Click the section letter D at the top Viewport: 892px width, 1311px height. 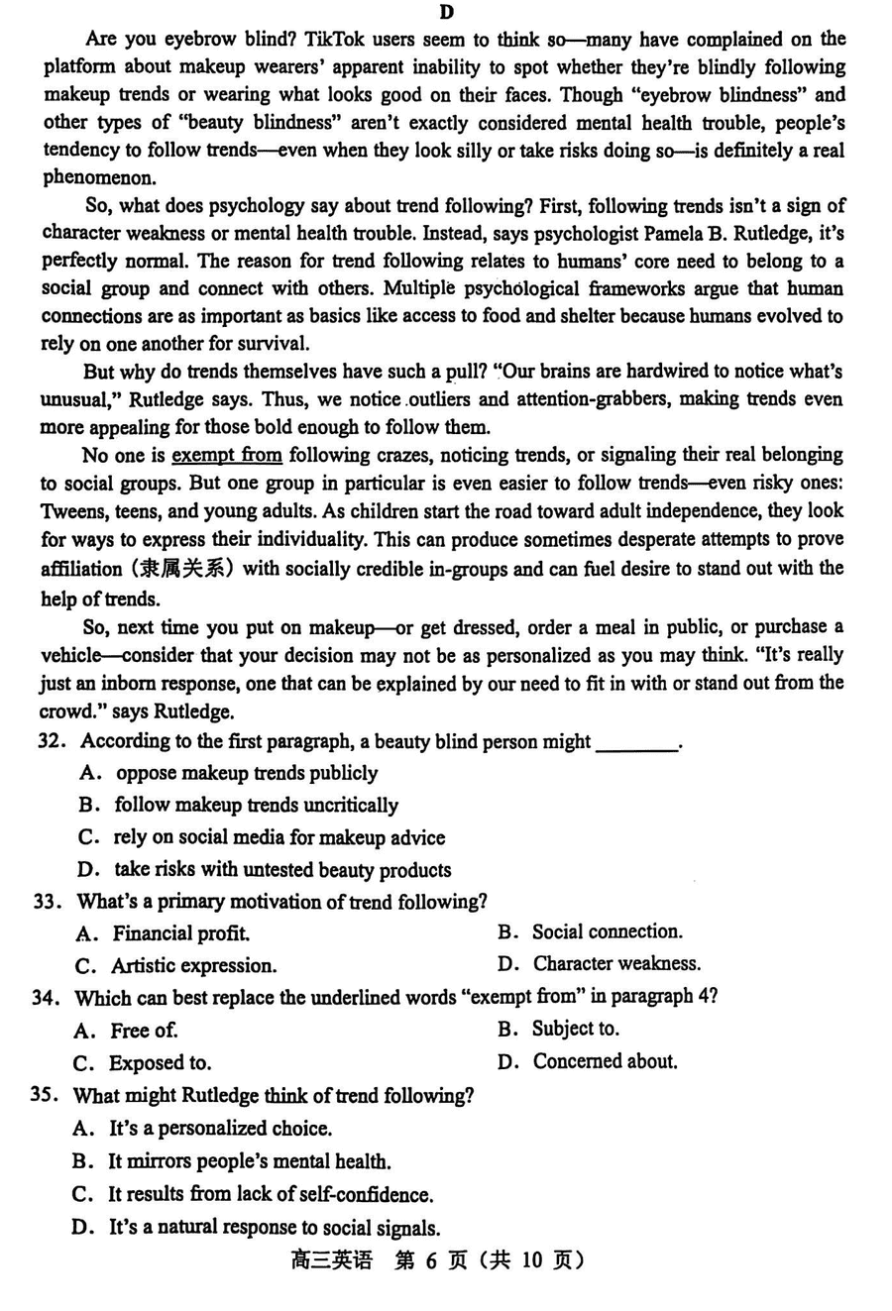tap(446, 12)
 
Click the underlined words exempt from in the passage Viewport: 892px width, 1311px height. tap(227, 456)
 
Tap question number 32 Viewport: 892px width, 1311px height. tap(51, 741)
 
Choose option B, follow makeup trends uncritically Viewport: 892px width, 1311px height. tap(256, 805)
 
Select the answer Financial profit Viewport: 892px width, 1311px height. tap(180, 933)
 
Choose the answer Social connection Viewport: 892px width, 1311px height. tap(607, 931)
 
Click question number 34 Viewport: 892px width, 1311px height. tap(47, 998)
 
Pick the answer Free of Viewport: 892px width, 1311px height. tap(144, 1031)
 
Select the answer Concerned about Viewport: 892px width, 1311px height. tap(605, 1061)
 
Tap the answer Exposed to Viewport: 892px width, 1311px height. tap(160, 1063)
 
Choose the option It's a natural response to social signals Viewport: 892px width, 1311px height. tap(274, 1228)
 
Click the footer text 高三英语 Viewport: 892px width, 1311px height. tap(332, 1260)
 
